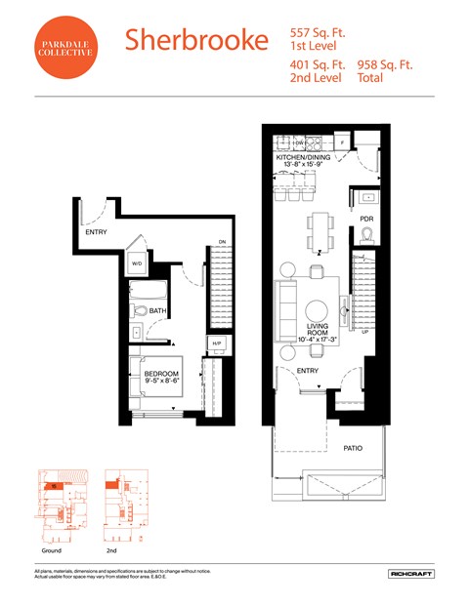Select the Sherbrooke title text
coord(195,40)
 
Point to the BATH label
coord(156,311)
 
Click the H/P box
coord(215,343)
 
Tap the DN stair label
coord(222,242)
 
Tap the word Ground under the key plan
coord(52,550)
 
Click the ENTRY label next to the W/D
coord(96,232)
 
